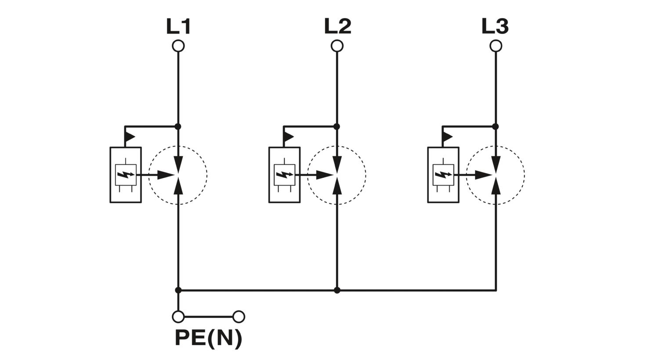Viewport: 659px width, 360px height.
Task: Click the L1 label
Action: click(178, 26)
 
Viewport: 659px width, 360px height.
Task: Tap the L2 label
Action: click(337, 26)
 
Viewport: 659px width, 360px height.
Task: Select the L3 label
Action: click(495, 26)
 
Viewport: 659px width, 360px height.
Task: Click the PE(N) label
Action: click(209, 339)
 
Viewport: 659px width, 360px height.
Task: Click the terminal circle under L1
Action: click(178, 46)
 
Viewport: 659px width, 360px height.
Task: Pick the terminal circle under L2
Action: click(337, 46)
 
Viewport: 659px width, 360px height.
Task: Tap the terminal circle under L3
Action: click(496, 46)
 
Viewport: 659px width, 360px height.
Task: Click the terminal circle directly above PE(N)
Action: click(178, 317)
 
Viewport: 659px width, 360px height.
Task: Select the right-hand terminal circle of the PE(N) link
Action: click(239, 317)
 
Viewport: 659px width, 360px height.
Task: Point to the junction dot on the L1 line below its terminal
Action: click(178, 127)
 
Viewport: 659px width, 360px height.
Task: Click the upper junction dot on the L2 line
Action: click(337, 127)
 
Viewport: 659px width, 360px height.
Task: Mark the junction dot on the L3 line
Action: click(496, 127)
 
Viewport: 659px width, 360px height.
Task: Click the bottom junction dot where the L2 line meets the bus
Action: click(337, 290)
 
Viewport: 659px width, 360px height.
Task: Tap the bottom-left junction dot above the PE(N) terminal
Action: click(178, 290)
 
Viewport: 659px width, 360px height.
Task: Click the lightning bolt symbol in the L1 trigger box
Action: click(126, 175)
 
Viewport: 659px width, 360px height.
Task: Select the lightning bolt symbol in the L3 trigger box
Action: click(443, 175)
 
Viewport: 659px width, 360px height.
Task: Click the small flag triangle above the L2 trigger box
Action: click(288, 137)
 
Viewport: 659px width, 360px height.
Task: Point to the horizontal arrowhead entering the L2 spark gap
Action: click(325, 175)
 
